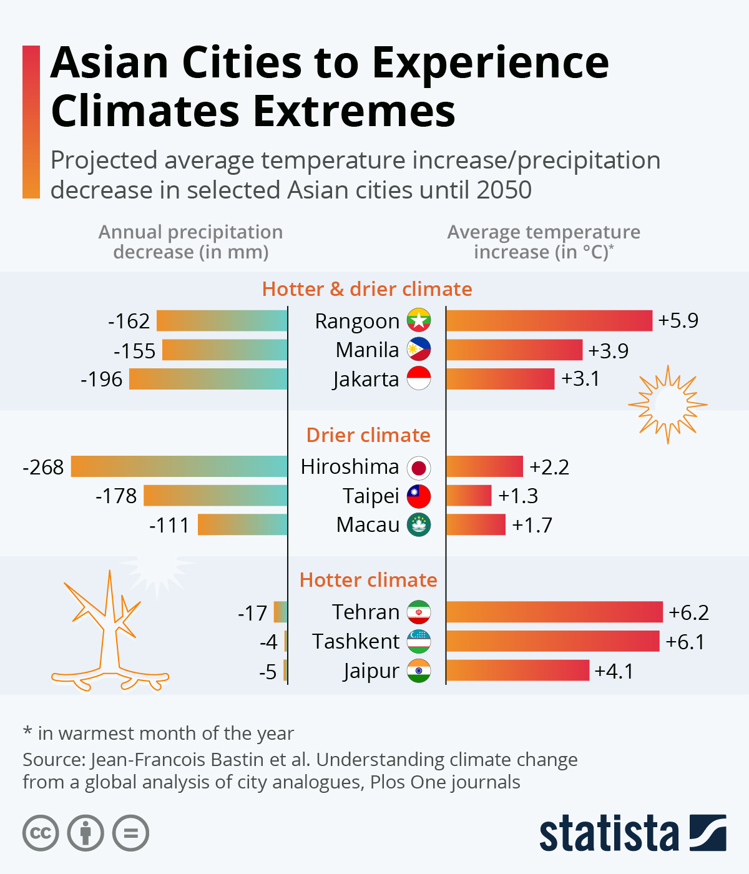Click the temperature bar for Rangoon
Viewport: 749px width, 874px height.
click(549, 321)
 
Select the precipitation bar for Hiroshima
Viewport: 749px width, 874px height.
click(179, 466)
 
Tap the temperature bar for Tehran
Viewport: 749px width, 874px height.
click(554, 612)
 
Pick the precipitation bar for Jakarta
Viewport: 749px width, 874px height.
click(208, 379)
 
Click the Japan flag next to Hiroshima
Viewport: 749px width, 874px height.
click(419, 468)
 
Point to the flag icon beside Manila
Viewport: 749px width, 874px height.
click(419, 350)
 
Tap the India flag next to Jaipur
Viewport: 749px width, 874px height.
click(419, 670)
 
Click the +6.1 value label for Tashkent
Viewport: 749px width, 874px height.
click(685, 642)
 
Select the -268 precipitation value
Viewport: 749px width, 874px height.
click(43, 467)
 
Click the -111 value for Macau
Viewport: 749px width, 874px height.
click(169, 525)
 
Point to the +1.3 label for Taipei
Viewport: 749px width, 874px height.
click(518, 496)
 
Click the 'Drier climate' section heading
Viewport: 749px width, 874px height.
click(368, 435)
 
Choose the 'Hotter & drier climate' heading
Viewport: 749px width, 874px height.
click(367, 289)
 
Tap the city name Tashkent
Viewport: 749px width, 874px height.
click(356, 642)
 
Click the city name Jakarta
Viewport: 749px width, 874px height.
click(366, 379)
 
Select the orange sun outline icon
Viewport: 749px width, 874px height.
click(667, 405)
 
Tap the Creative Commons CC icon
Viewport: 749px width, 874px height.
click(41, 833)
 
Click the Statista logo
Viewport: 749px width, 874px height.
click(632, 833)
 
